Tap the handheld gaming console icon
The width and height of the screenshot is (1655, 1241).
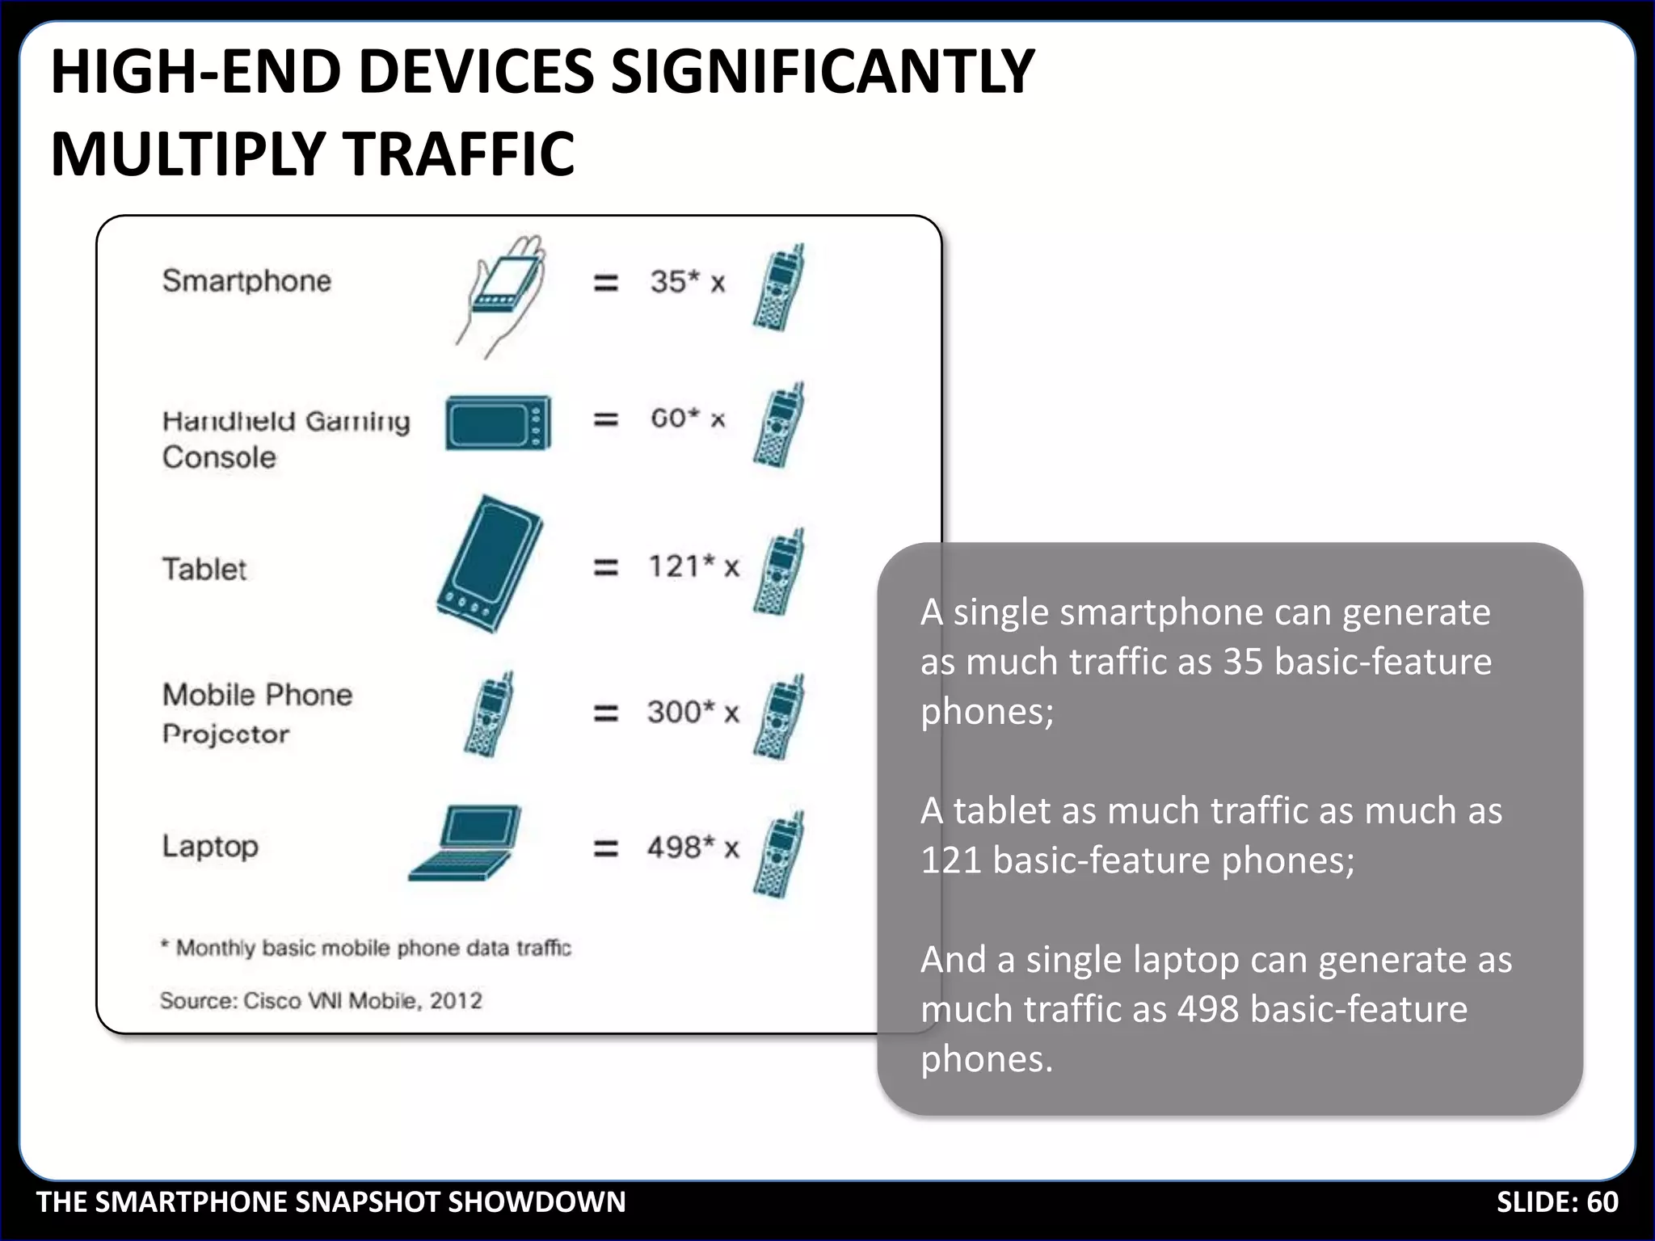[499, 423]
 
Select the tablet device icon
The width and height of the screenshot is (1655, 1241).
[490, 564]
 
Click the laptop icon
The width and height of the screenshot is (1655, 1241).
[465, 843]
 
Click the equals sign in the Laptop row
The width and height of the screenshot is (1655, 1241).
[606, 848]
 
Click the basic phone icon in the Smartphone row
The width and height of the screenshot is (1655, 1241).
[779, 288]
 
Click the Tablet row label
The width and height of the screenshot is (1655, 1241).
[204, 569]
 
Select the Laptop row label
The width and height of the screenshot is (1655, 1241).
[210, 846]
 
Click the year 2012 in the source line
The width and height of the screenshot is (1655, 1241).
[456, 1000]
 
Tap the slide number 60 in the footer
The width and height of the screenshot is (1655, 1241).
[1602, 1202]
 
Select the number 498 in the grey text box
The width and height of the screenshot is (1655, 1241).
[1207, 1009]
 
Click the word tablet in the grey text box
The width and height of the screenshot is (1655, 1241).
[1001, 810]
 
